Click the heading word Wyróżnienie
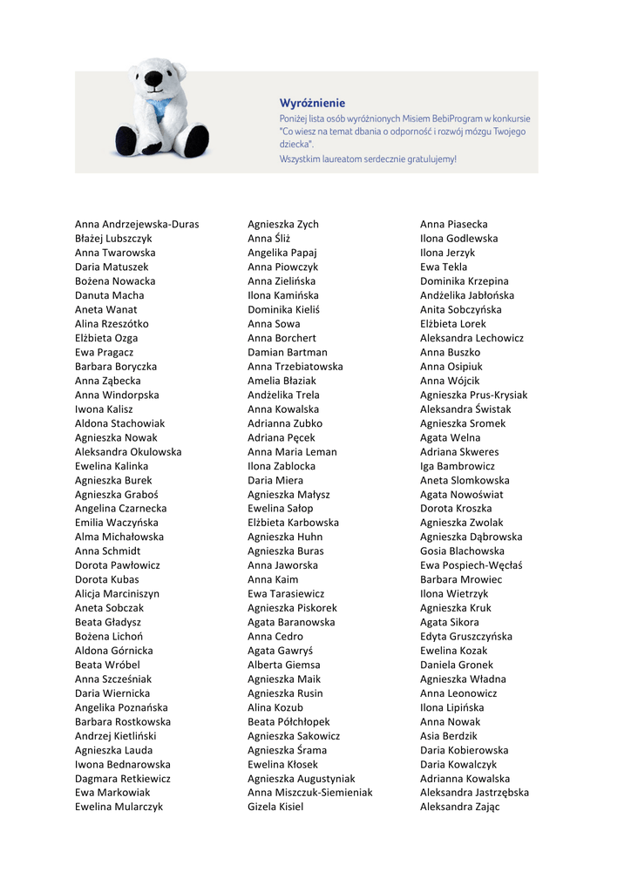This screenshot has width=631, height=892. pos(312,103)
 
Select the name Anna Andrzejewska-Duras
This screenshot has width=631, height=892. pos(137,224)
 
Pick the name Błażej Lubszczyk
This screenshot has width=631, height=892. pos(113,238)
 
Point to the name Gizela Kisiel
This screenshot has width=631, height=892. pos(275,807)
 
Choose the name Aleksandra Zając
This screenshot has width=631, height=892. pos(459,807)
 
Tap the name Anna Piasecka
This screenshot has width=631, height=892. pos(454,224)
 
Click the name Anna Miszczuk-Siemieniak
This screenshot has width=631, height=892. pos(309,793)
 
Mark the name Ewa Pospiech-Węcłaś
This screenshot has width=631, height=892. pos(471,565)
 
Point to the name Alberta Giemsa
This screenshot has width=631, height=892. pos(283,665)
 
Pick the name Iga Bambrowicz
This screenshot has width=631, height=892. pos(457,466)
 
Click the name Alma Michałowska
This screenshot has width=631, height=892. pos(119,537)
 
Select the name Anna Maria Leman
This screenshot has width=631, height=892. pos(292,452)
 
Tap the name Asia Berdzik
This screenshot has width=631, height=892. pos(449,736)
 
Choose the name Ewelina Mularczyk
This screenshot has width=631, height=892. pos(119,807)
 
